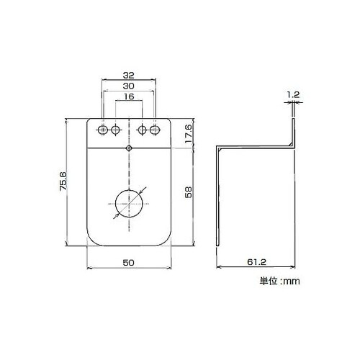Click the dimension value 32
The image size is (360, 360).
[x=129, y=76]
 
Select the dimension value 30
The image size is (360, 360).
[x=129, y=86]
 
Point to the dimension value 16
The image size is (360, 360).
[x=129, y=96]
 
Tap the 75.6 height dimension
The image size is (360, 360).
[x=63, y=181]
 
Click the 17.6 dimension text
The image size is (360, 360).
[x=189, y=134]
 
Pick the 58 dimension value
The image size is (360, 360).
[x=189, y=192]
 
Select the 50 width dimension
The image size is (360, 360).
[x=129, y=263]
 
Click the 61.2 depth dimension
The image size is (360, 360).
[x=257, y=262]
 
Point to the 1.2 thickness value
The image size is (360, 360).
[x=293, y=95]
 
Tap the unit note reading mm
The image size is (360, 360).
[x=292, y=281]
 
